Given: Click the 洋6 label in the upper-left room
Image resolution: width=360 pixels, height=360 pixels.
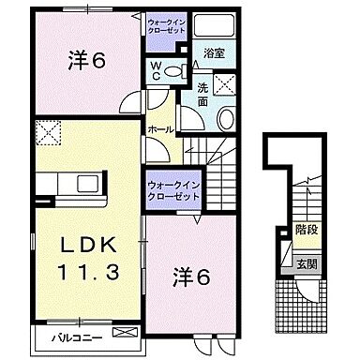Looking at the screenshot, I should (x=84, y=61).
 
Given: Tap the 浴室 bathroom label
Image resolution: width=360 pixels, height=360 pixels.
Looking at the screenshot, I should (x=213, y=55).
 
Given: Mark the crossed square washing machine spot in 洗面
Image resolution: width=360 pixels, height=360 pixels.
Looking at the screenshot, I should (x=224, y=85).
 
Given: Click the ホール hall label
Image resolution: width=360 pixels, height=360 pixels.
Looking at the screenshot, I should (x=158, y=128).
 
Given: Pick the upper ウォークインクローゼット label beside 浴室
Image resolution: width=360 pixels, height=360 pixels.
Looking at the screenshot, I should (x=169, y=23).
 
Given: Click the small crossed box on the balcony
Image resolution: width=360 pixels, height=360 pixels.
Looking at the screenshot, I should (x=122, y=333).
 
